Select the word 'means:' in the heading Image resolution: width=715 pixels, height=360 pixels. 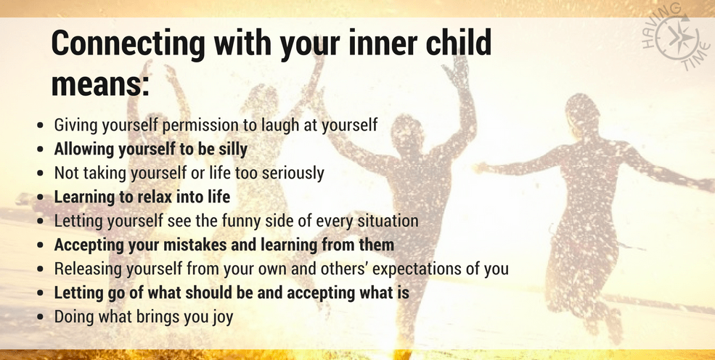point(100,85)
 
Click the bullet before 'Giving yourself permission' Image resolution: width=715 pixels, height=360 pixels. point(41,126)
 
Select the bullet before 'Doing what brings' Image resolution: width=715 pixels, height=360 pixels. point(41,316)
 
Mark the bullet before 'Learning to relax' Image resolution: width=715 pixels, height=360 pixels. point(41,197)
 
